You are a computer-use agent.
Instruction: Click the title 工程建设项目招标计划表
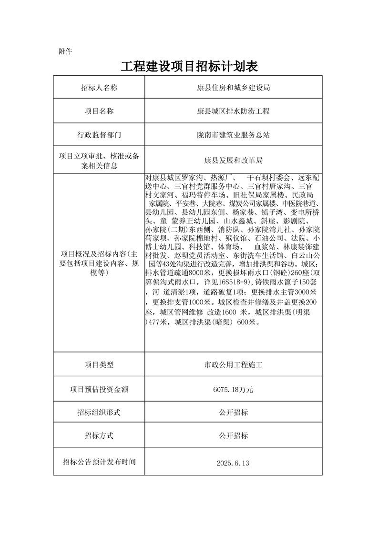tap(189, 67)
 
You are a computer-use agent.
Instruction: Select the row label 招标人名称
tap(99, 88)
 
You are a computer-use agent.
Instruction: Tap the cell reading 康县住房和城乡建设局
tap(234, 88)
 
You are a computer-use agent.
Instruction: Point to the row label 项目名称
tap(99, 111)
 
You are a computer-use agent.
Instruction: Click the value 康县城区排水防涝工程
tap(234, 111)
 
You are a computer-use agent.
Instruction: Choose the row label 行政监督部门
tap(99, 135)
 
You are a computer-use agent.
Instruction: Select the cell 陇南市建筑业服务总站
tap(234, 135)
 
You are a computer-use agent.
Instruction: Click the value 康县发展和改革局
tap(234, 160)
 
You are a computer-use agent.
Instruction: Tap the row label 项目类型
tap(99, 365)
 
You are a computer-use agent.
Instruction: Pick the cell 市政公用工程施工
tap(234, 365)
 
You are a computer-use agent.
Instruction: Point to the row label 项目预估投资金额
tap(99, 390)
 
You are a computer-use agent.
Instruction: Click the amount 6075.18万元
tap(234, 390)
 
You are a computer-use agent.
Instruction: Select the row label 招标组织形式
tap(99, 413)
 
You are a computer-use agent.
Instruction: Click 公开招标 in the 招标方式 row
tap(234, 436)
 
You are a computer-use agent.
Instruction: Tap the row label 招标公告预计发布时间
tap(99, 462)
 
